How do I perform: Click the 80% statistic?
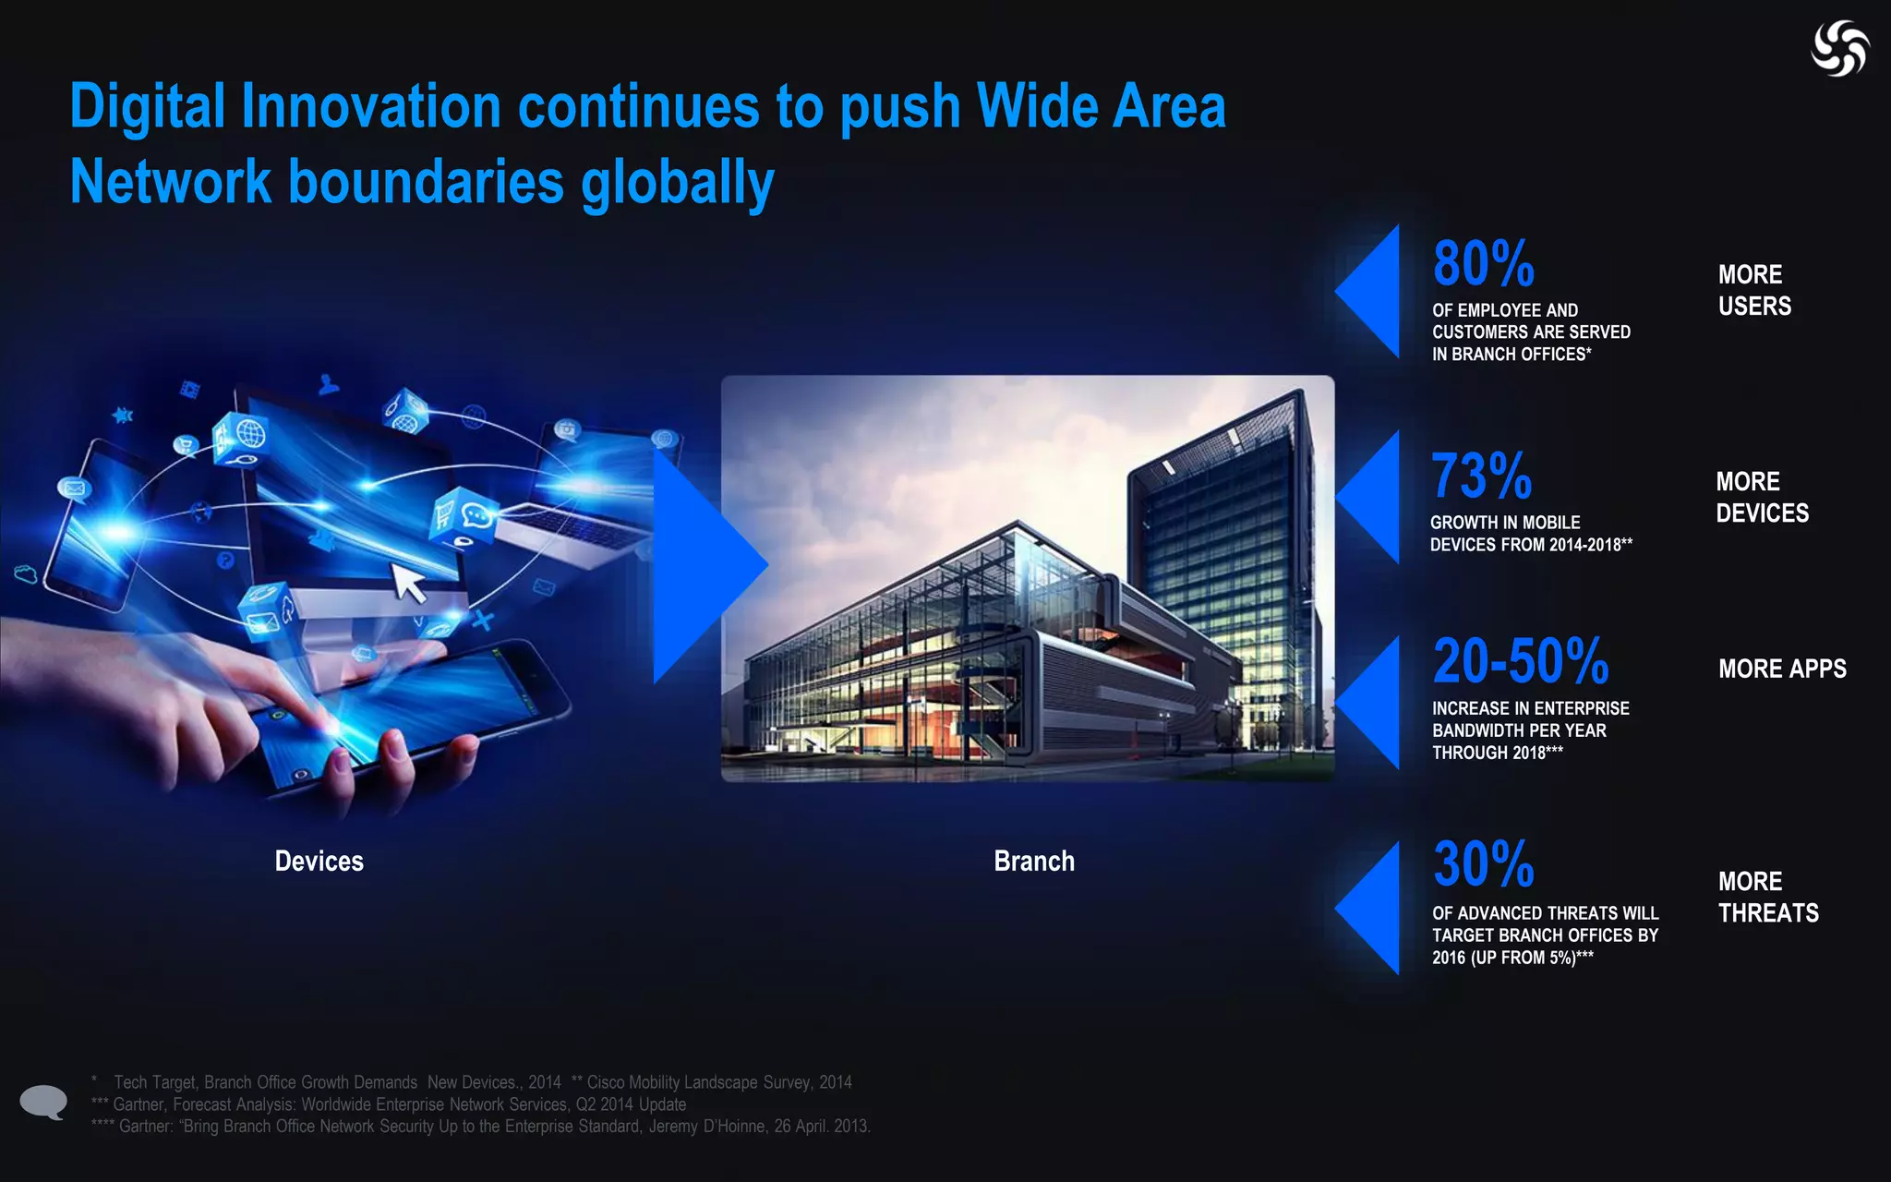click(1483, 264)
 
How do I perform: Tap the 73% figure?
click(1481, 476)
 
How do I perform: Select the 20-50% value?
click(1520, 661)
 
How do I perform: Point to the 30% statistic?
click(1483, 864)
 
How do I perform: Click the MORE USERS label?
click(1753, 290)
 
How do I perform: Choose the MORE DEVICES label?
click(1762, 497)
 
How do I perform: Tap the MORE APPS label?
click(1782, 669)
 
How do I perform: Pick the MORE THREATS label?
click(1767, 897)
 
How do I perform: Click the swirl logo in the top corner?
click(1839, 48)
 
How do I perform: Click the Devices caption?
click(319, 862)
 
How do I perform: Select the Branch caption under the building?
click(1034, 862)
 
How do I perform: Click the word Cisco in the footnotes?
click(606, 1082)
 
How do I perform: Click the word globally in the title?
click(677, 182)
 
